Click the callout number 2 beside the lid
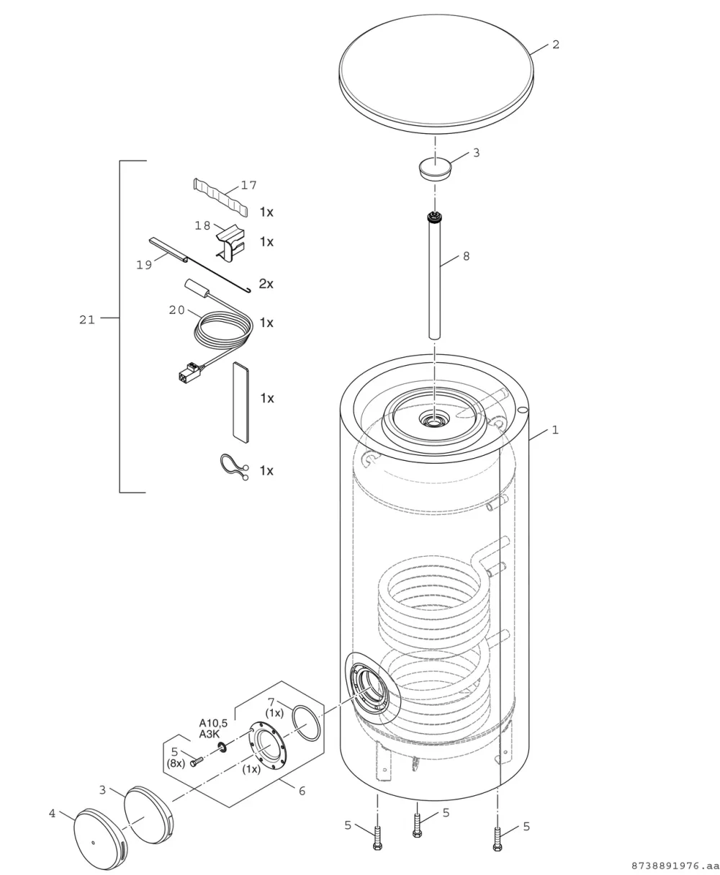click(556, 45)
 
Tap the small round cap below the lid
click(435, 168)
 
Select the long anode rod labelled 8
click(434, 276)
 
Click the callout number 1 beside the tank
click(555, 430)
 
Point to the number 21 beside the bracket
click(87, 320)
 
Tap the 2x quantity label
click(266, 284)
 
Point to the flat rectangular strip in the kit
click(241, 403)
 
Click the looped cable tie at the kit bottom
click(234, 467)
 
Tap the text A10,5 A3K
click(213, 729)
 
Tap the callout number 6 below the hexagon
click(302, 791)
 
